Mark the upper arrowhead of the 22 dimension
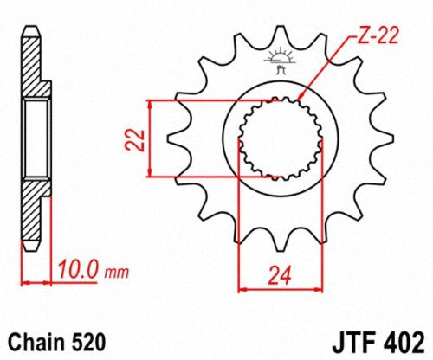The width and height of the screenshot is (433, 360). pyautogui.click(x=153, y=105)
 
